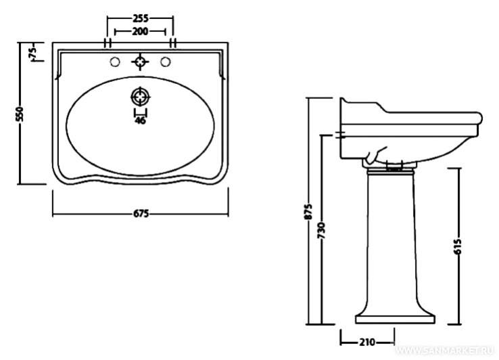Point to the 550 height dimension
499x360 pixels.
click(20, 113)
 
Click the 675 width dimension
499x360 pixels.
click(140, 213)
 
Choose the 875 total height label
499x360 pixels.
click(308, 212)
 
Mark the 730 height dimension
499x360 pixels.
click(322, 231)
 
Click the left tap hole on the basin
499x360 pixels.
click(115, 63)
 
